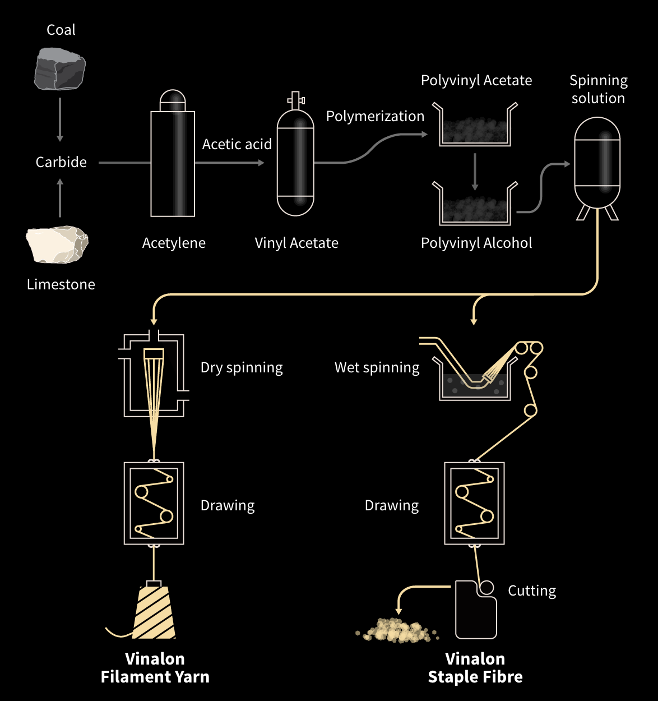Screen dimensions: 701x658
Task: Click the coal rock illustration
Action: [x=60, y=69]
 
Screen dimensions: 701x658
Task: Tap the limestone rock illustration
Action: [x=57, y=245]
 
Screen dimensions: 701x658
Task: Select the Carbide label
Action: [x=61, y=162]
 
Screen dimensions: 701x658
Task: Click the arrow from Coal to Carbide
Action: [x=60, y=119]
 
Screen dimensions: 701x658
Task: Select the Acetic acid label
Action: [x=237, y=144]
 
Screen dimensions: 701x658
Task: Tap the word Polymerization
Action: [x=375, y=116]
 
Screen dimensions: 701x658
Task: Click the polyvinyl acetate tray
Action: [x=475, y=126]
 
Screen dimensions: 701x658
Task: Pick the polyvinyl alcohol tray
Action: [x=475, y=205]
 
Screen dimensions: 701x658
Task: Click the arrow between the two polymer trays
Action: [x=475, y=171]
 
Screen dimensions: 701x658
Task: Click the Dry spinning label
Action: [x=242, y=367]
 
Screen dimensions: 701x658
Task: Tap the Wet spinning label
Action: [x=377, y=367]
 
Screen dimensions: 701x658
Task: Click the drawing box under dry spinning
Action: [x=154, y=503]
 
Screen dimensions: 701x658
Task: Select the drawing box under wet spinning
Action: [x=474, y=503]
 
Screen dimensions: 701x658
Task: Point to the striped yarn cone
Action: [x=153, y=612]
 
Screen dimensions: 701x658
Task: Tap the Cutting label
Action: [x=532, y=591]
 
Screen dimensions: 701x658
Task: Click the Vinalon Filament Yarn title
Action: [x=155, y=667]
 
